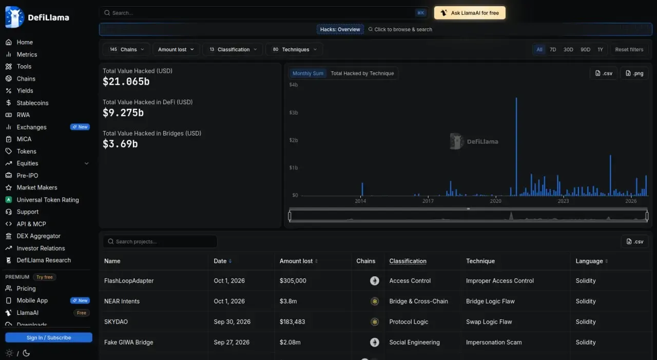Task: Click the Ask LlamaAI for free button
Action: click(470, 13)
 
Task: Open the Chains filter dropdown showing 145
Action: click(126, 49)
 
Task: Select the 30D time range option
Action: click(568, 49)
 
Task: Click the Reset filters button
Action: click(629, 49)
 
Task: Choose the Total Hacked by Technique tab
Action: click(362, 73)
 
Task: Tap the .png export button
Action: click(634, 73)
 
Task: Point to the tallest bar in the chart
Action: click(516, 146)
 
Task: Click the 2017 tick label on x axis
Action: click(428, 201)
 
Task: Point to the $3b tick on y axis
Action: click(293, 112)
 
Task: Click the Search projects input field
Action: click(160, 241)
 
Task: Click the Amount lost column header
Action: click(296, 261)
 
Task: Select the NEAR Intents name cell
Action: click(122, 301)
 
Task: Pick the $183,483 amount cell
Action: click(292, 322)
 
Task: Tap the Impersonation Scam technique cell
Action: click(494, 343)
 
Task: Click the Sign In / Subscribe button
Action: click(49, 337)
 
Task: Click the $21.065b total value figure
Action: click(126, 82)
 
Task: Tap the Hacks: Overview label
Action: click(340, 29)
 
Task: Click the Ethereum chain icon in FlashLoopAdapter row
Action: click(374, 281)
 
